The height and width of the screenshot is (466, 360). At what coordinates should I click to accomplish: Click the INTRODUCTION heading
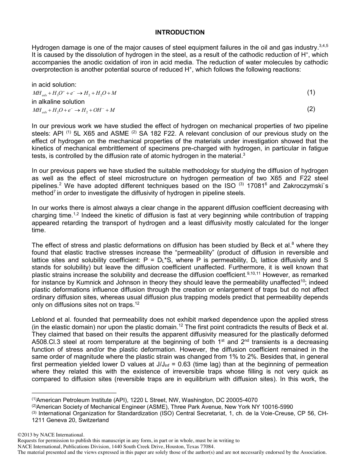point(180,32)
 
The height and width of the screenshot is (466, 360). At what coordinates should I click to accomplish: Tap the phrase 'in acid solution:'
point(54,84)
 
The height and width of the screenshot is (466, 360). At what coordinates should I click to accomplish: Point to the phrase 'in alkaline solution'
point(58,102)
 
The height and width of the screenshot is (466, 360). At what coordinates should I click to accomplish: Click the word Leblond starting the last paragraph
point(44,320)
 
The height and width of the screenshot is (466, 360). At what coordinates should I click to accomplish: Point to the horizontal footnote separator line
point(74,393)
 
